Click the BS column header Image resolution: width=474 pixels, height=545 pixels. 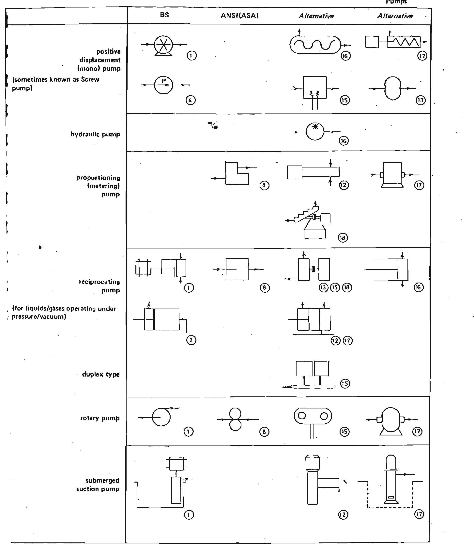click(x=164, y=15)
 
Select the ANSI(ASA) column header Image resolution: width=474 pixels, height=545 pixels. click(x=239, y=16)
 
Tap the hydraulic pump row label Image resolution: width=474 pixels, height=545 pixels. click(x=95, y=134)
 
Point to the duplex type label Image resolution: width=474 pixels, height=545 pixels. click(x=101, y=374)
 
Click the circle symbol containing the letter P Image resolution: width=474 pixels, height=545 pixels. click(x=163, y=85)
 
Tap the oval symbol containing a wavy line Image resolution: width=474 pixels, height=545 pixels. click(x=315, y=45)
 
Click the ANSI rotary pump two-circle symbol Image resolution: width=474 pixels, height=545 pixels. click(x=235, y=419)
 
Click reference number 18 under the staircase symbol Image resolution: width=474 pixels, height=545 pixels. click(x=343, y=238)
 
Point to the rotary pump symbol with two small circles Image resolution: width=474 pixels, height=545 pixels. click(x=313, y=416)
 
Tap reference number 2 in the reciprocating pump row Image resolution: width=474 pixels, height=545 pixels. click(x=191, y=340)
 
